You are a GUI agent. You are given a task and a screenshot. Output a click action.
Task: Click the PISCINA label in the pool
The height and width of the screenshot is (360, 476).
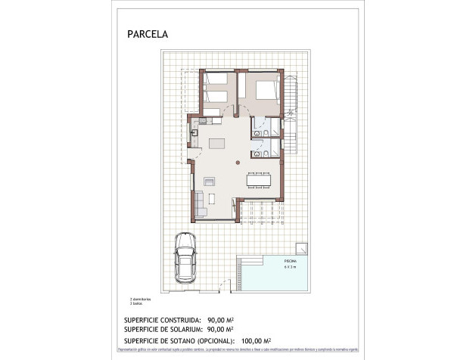(x=269, y=261)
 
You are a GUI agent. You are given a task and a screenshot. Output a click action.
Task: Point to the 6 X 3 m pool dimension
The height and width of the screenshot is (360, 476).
(x=269, y=267)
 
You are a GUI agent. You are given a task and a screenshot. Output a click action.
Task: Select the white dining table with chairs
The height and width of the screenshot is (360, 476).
(x=258, y=180)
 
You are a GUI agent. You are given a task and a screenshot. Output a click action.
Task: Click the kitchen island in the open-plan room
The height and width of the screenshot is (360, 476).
(x=218, y=144)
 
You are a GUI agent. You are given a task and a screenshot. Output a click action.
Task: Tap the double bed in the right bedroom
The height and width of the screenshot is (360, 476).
(x=265, y=89)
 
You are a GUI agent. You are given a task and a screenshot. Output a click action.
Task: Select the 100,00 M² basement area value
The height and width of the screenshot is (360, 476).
(x=256, y=340)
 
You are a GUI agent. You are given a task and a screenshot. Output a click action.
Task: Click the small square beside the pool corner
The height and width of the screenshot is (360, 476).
(x=301, y=247)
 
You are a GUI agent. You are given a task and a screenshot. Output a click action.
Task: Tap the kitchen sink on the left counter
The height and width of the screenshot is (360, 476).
(x=194, y=133)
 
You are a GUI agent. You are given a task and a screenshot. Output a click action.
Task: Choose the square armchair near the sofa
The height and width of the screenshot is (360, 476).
(x=210, y=180)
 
